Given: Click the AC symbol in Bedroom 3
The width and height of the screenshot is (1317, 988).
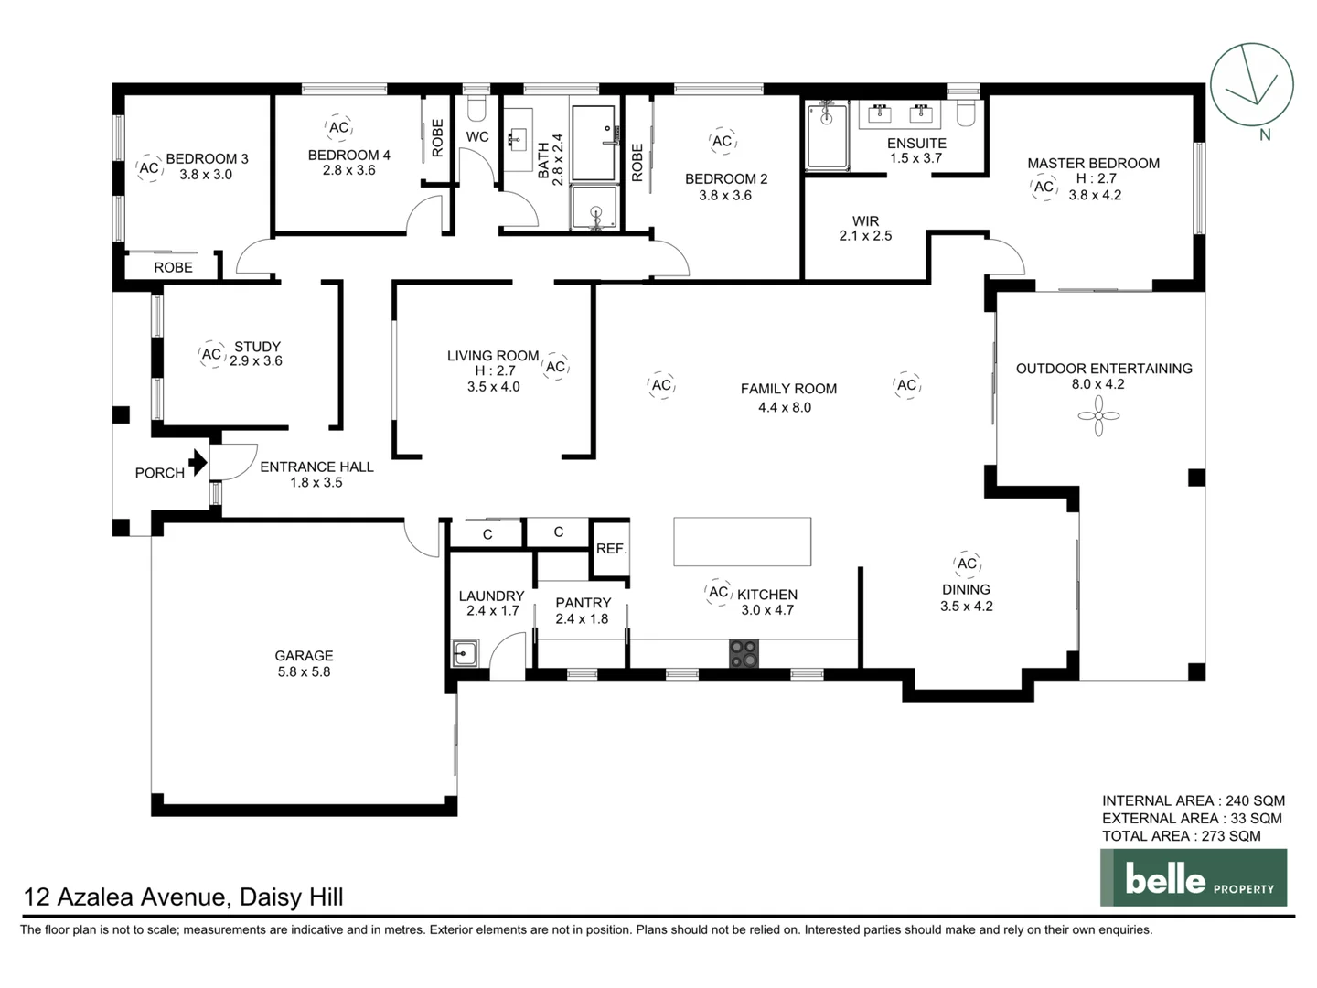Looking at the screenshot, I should coord(149,168).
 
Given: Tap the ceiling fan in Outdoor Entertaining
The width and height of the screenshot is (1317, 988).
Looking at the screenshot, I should coord(1098,417).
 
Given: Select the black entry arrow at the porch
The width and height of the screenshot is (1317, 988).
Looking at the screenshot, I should coord(197,463).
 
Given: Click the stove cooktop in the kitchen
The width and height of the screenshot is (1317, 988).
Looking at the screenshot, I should coord(744,653).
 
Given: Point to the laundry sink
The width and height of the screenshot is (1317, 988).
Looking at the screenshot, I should coord(465,653).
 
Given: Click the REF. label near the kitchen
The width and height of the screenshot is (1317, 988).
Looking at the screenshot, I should coord(611,549).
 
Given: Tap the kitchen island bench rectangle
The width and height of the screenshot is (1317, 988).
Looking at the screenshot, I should coord(742,542).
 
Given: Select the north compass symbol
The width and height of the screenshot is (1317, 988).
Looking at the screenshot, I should coord(1251,85).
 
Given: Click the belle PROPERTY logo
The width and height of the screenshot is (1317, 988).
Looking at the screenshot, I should coord(1193,878).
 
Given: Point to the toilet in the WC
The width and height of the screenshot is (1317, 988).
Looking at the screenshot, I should coord(476,108).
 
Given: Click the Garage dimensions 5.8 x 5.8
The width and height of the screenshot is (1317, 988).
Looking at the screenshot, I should coord(304,671).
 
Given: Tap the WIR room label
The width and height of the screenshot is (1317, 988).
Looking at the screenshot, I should coord(865,221).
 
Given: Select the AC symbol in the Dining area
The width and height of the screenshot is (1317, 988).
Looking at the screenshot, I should coord(967,564).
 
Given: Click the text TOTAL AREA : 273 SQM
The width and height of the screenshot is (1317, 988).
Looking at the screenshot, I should coord(1181,835).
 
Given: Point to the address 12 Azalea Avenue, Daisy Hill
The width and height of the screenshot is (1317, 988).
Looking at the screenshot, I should coord(184,897).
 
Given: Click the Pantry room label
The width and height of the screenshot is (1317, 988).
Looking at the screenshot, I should coord(583,603).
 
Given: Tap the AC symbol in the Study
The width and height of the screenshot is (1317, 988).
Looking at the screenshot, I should coord(211,354).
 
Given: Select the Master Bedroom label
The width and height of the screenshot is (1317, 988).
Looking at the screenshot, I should coord(1093,164).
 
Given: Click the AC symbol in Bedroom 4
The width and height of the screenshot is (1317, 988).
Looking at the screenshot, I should coord(338,128).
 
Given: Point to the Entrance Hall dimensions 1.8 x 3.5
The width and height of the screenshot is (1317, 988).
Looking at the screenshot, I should coord(316,482).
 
